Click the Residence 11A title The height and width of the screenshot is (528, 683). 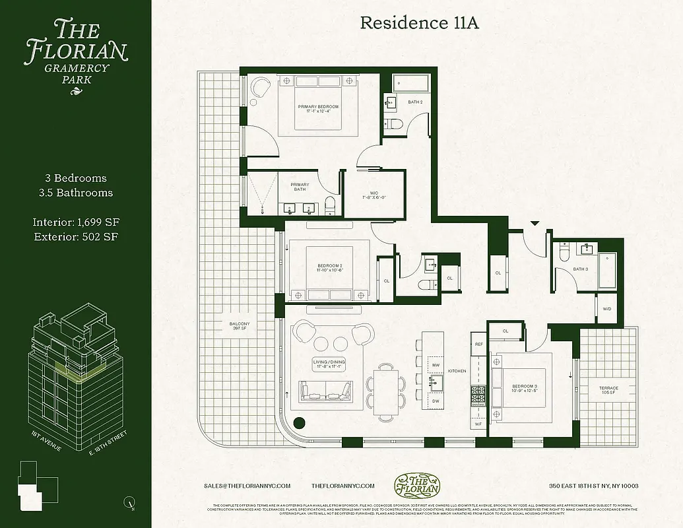(410, 23)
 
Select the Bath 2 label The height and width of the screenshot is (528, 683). (414, 102)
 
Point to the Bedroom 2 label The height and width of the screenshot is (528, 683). (330, 268)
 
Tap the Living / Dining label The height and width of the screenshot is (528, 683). (329, 364)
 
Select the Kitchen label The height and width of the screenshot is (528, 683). (457, 371)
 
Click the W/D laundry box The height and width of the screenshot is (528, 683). (606, 309)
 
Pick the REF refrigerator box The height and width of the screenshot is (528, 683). (479, 344)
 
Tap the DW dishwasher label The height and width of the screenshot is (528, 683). (436, 401)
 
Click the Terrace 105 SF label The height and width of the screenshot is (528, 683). (608, 390)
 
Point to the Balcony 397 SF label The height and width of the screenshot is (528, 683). (239, 325)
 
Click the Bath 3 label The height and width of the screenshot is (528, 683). (580, 269)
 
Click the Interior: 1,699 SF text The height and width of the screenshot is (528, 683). (75, 221)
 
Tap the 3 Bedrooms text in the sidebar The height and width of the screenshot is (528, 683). (75, 178)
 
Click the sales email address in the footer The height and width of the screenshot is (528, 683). (247, 486)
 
